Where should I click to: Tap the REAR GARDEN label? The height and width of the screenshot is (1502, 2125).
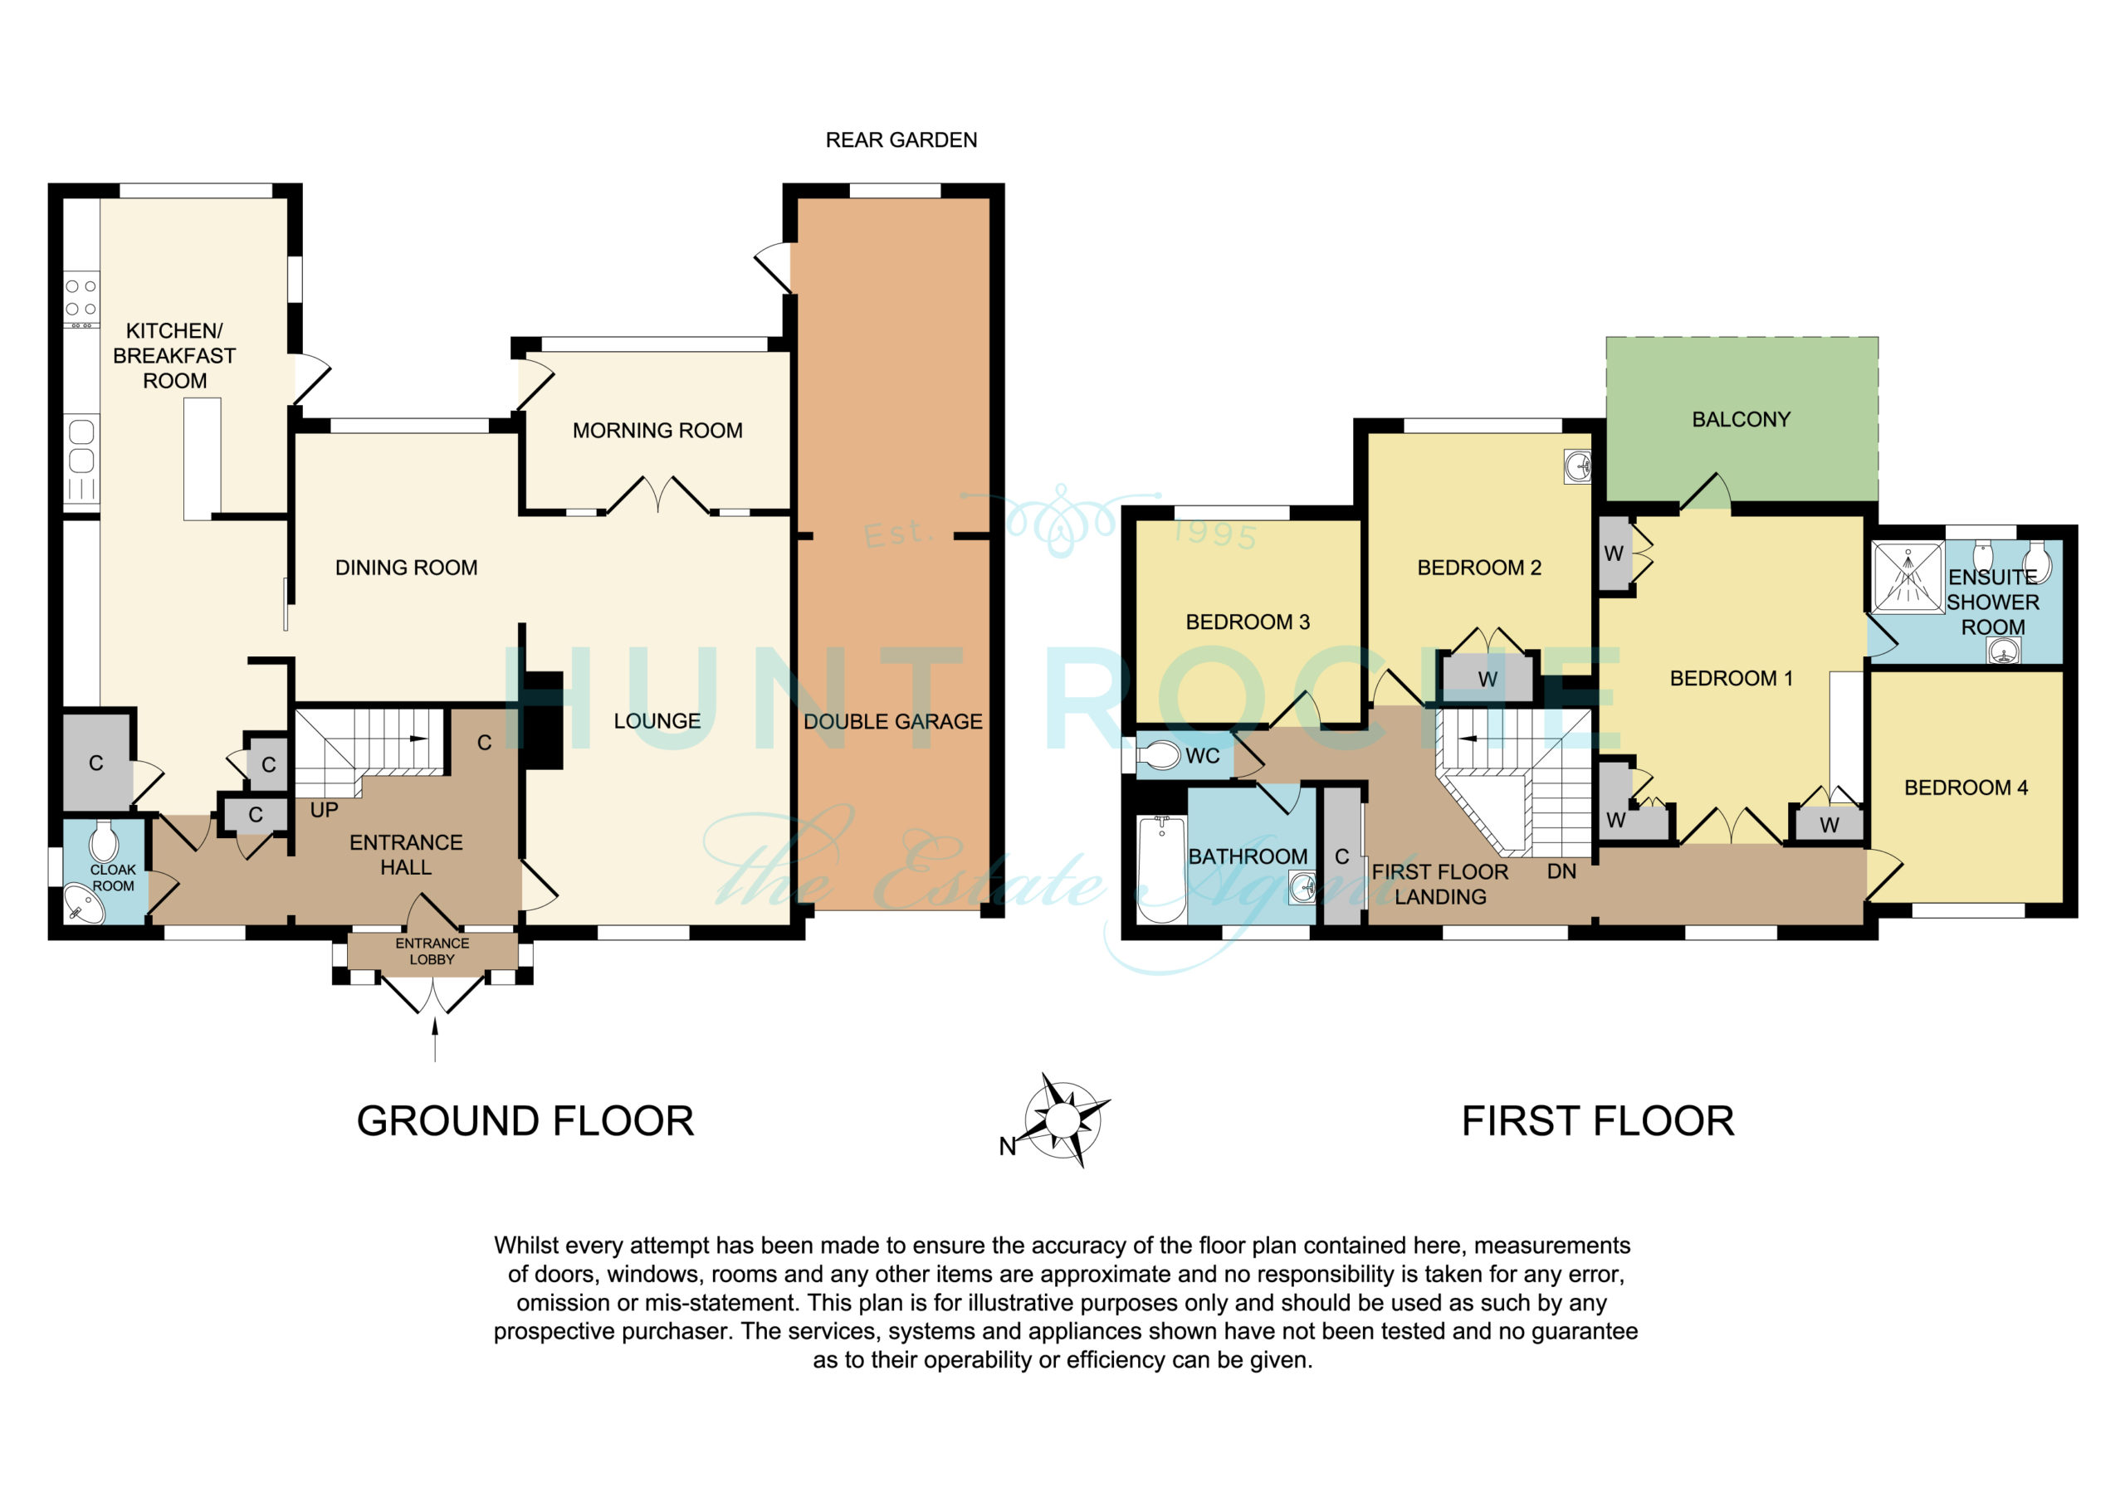coord(901,139)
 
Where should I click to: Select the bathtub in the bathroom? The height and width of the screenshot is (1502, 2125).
coord(1161,869)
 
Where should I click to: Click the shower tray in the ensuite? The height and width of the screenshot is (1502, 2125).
coord(1908,577)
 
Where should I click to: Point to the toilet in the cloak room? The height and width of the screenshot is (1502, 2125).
coord(104,841)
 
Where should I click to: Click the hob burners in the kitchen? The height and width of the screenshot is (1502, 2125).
coord(81,298)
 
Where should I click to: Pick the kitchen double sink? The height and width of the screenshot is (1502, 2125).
coord(81,446)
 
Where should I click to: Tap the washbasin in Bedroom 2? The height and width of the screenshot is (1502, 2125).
coord(1577,466)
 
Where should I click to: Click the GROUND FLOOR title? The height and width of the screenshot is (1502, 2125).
coord(525,1121)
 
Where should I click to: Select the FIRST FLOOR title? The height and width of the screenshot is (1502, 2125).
coord(1597,1121)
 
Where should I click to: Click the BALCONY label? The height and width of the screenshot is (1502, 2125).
coord(1741,419)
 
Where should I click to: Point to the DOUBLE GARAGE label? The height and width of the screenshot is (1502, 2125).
coord(892,721)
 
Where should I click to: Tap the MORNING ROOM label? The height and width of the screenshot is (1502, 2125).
coord(657,431)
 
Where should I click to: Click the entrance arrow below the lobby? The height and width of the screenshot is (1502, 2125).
coord(435,1037)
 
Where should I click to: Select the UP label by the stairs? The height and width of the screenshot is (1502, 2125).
coord(324,810)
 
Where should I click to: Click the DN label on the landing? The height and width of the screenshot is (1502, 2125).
coord(1561,870)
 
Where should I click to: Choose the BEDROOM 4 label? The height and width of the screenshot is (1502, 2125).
coord(1966,788)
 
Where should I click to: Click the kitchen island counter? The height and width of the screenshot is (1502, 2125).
coord(202,459)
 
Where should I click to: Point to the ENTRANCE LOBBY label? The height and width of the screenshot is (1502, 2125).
coord(432,951)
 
